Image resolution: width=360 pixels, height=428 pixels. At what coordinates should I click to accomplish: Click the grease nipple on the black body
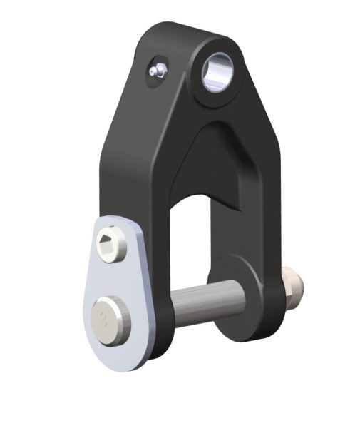(x=158, y=70)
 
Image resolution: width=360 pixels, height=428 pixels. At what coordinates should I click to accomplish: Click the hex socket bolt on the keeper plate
(x=110, y=247)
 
